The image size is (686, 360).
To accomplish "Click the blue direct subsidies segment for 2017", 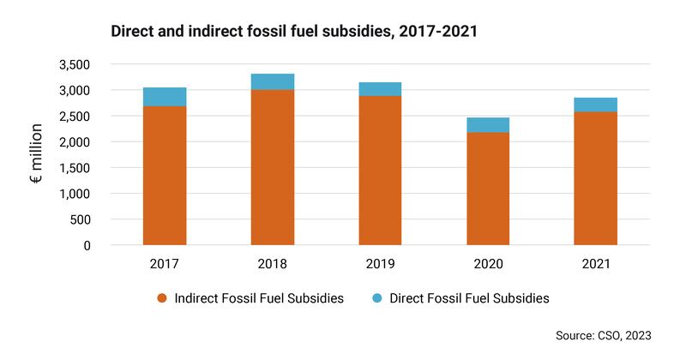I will [x=165, y=97].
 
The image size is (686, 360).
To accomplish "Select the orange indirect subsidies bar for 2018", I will [x=273, y=167].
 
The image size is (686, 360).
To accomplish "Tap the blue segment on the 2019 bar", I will [x=380, y=89].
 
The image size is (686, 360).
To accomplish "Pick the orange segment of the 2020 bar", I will [x=488, y=189].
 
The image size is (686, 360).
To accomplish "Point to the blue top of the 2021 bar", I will [x=595, y=105].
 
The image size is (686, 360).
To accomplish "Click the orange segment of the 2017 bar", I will [x=165, y=176].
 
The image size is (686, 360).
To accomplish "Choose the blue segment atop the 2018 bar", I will [x=273, y=81].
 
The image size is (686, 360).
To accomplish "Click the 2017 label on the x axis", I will [x=165, y=264].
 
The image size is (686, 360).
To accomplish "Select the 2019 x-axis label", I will [x=380, y=264].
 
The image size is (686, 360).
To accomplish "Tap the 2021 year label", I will [x=595, y=264].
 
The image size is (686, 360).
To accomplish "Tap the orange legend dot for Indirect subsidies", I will [x=161, y=299].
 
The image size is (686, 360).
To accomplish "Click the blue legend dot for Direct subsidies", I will [x=376, y=299].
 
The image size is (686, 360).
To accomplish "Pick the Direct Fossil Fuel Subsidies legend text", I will [x=469, y=299].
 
